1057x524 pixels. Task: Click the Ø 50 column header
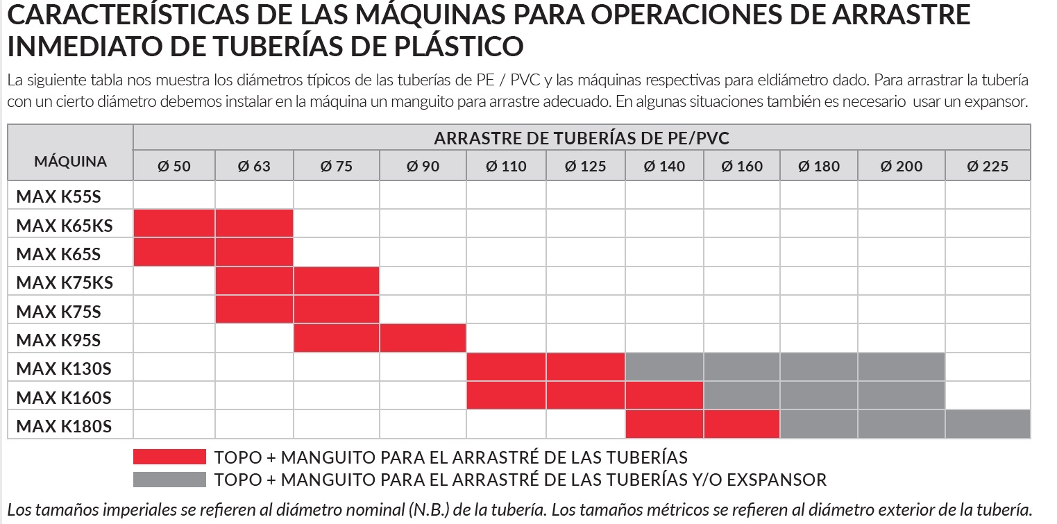coord(174,167)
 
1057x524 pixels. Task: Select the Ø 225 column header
coord(987,167)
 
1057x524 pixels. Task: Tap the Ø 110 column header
coord(506,167)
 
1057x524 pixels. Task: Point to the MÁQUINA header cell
coord(70,162)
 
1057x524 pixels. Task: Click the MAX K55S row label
coord(58,196)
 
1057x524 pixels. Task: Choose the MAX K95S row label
coord(58,340)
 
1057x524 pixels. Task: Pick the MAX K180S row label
coord(63,425)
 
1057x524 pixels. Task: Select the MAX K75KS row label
coord(65,282)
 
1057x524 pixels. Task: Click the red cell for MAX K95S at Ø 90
coord(423,339)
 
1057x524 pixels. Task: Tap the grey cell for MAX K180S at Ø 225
coord(987,424)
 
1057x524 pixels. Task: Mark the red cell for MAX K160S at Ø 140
coord(664,396)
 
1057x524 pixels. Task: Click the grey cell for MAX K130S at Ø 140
coord(664,367)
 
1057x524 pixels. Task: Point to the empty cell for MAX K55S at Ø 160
coord(741,195)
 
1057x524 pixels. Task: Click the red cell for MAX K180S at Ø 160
coord(741,424)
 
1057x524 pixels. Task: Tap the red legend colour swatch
coord(169,457)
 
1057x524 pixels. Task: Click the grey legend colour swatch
coord(169,480)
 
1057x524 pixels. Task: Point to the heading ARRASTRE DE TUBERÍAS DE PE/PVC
coord(582,138)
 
